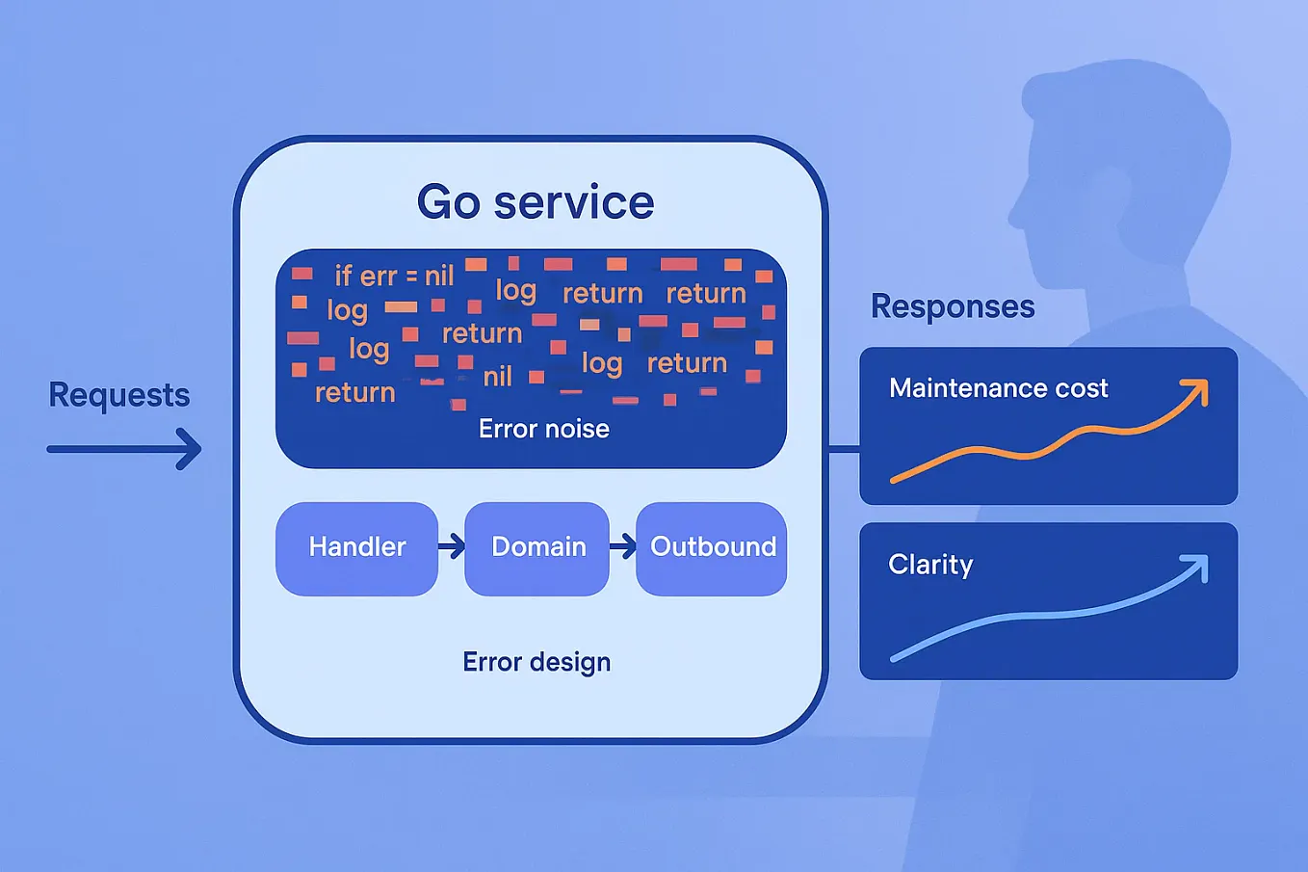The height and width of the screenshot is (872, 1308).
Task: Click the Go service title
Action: (x=536, y=202)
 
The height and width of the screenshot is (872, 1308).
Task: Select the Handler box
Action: (x=357, y=547)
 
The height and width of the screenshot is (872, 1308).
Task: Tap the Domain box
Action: (x=537, y=547)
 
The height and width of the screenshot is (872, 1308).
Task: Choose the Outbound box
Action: (x=712, y=547)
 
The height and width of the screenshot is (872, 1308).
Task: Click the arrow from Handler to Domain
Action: (x=452, y=547)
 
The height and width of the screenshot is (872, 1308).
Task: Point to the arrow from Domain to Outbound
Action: (x=623, y=547)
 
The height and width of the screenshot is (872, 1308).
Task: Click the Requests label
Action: (x=119, y=395)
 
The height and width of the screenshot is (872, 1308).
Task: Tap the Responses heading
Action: (x=952, y=306)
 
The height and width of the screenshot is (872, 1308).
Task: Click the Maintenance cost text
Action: (x=998, y=388)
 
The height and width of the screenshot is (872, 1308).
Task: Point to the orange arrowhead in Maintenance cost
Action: (x=1196, y=390)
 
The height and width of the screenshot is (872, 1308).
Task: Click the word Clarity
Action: (x=930, y=565)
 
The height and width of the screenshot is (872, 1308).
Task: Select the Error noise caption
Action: (x=543, y=429)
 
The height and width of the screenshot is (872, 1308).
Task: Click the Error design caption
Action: (x=536, y=662)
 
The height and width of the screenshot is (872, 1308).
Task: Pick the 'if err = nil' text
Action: (x=394, y=277)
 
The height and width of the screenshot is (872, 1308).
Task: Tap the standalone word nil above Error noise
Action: (x=497, y=377)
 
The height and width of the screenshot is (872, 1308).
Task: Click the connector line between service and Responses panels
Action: (x=843, y=449)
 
